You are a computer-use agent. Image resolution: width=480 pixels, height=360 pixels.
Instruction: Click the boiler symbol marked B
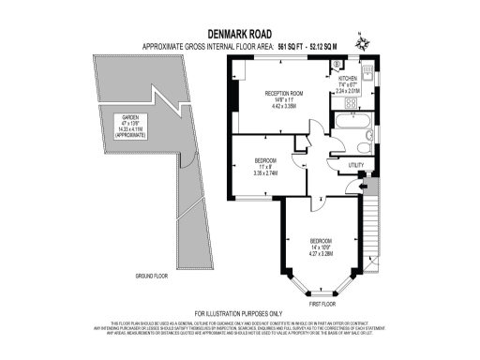(x=337, y=65)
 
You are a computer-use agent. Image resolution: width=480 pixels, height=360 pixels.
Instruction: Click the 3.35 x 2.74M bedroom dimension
(x=254, y=172)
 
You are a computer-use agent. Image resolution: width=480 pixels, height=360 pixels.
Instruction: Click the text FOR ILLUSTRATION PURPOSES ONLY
(x=238, y=313)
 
